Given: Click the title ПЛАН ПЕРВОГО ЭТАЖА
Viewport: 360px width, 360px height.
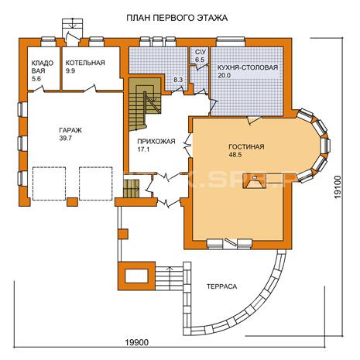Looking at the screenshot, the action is pos(177,18).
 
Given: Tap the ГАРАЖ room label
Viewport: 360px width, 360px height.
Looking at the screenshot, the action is pos(70,130).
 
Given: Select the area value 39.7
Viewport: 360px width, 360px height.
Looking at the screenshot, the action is pos(66,139).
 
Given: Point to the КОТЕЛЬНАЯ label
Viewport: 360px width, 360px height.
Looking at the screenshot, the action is pos(85,63).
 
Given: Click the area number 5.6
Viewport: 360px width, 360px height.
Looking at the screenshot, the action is pos(36,79).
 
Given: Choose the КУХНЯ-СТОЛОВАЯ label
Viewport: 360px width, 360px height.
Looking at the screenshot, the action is pos(248,67).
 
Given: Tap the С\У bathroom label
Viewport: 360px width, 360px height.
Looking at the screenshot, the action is pos(200,52).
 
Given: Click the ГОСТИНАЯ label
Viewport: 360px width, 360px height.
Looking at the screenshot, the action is pos(246,147).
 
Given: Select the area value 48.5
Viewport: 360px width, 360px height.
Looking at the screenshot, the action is pos(235,155).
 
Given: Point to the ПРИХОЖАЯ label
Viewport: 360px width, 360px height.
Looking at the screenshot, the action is pos(156,141).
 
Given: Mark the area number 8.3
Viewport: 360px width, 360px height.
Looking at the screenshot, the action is pos(178,80).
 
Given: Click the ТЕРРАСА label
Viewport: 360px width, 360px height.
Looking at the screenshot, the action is pos(221,286).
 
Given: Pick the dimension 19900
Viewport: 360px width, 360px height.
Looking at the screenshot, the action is pos(137,342).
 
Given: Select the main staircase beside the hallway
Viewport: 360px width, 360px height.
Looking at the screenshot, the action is pos(145,105).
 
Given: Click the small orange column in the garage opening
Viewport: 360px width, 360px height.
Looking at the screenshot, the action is pos(72,202).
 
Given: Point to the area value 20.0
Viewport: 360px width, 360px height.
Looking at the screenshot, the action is pos(224,76).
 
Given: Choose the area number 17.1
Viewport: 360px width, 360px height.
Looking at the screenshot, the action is pos(142,149).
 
